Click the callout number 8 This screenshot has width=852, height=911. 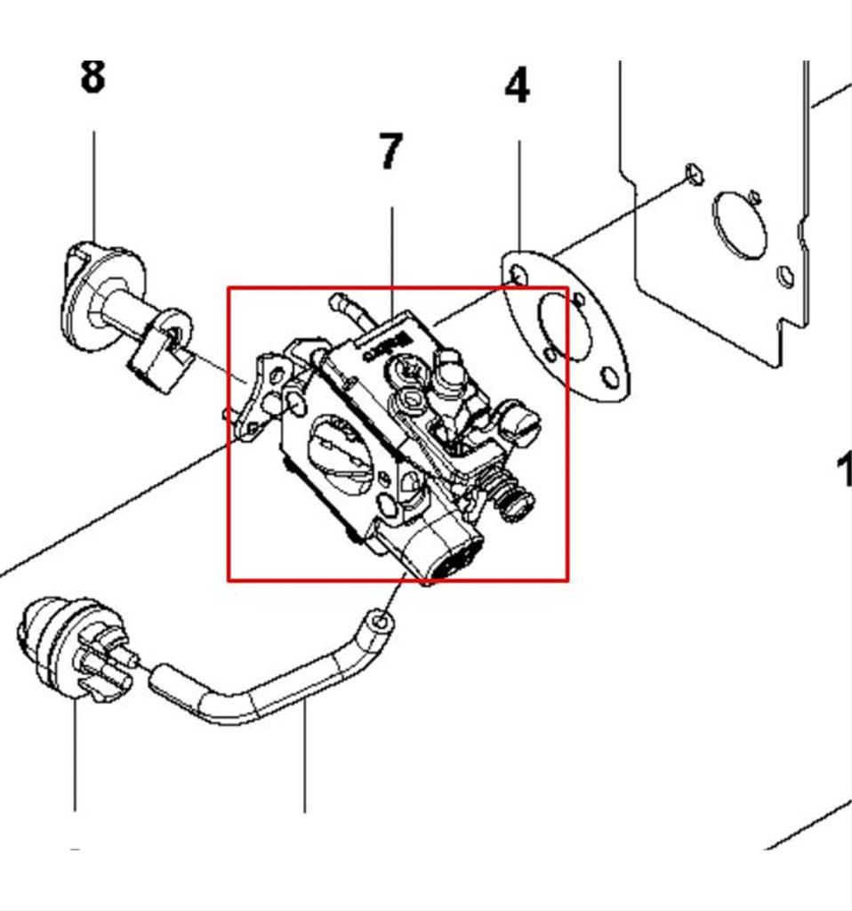point(92,77)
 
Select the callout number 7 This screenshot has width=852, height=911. point(390,151)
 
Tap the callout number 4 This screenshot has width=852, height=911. point(517,87)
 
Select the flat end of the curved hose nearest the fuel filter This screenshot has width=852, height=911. point(160,679)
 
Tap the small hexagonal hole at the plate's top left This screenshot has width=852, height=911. point(695,174)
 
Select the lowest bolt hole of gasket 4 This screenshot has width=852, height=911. point(610,378)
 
